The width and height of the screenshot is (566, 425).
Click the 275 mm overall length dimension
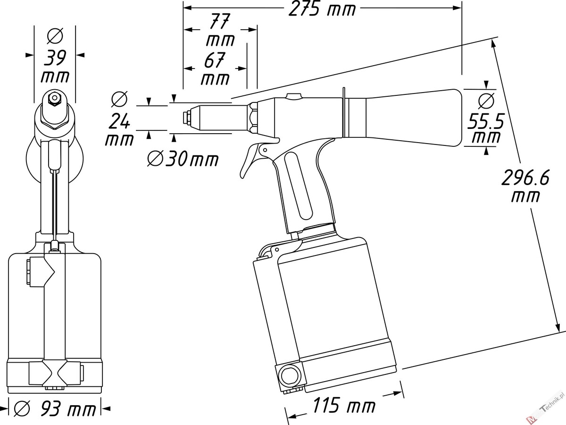(x=322, y=9)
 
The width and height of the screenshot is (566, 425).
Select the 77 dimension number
(x=219, y=21)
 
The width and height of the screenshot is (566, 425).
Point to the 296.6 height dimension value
(x=525, y=178)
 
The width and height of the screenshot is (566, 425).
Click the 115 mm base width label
(x=344, y=405)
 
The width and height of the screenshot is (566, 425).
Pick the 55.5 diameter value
(x=485, y=121)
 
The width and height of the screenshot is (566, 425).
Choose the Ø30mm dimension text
(x=183, y=160)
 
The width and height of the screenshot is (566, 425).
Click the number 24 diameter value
(x=119, y=121)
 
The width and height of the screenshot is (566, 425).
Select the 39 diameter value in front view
(x=55, y=58)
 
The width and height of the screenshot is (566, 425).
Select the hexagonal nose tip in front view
(x=54, y=98)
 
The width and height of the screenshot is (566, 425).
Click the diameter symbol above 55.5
(x=486, y=101)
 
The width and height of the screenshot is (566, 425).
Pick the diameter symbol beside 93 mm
(x=22, y=408)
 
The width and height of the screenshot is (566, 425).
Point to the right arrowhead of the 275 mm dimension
(x=457, y=8)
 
